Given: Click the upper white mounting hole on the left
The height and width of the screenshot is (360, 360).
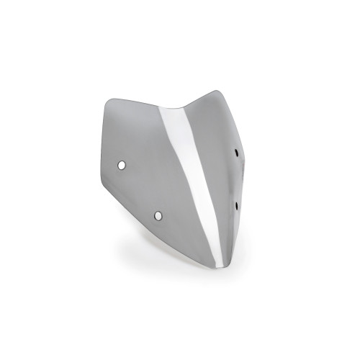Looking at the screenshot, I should pyautogui.click(x=122, y=165).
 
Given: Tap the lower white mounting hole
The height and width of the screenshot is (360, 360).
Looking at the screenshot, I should pyautogui.click(x=158, y=214).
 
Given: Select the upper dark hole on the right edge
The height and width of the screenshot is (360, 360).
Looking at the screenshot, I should pyautogui.click(x=238, y=152).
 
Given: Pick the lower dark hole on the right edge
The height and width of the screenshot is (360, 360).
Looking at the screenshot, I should pyautogui.click(x=237, y=206).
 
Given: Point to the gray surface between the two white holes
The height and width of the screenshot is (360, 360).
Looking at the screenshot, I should pyautogui.click(x=140, y=189).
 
